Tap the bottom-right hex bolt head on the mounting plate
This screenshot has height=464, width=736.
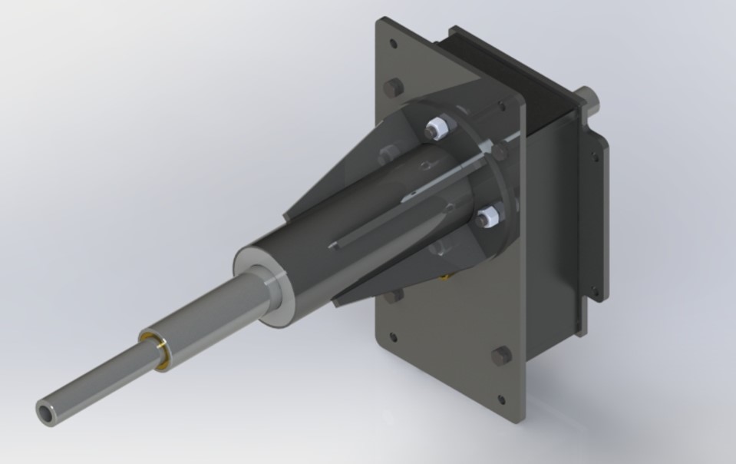[x=501, y=354]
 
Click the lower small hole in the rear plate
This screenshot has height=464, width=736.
[x=592, y=290]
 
